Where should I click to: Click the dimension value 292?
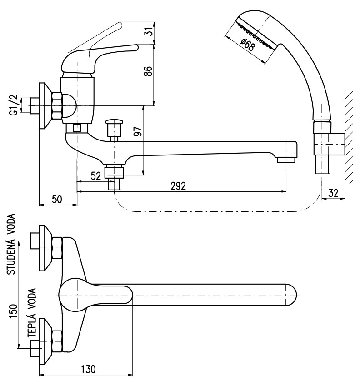[178, 186]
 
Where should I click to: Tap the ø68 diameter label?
[247, 45]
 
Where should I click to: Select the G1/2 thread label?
[14, 105]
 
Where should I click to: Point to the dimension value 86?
[148, 71]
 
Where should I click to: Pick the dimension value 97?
[138, 132]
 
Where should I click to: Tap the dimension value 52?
[96, 176]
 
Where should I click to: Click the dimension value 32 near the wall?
[333, 193]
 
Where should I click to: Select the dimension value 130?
[88, 369]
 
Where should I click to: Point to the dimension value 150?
[14, 311]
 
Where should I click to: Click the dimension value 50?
[57, 199]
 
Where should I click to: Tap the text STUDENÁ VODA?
[11, 244]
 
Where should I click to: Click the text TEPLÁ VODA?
[31, 313]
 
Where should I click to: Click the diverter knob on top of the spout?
[114, 122]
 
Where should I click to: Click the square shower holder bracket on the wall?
[329, 145]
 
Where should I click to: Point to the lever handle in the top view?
[96, 295]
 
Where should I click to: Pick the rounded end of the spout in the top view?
[292, 295]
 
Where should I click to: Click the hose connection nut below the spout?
[114, 172]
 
